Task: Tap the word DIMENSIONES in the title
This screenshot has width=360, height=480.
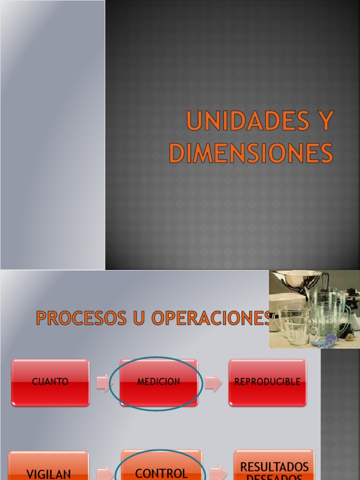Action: [251, 153]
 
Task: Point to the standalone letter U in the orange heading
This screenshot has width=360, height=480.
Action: [139, 318]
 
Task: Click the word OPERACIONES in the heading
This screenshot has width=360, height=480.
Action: [211, 318]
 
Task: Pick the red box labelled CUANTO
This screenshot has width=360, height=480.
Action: [50, 382]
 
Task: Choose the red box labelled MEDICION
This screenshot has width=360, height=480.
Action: [158, 382]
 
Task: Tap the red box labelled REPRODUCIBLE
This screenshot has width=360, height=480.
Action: [267, 382]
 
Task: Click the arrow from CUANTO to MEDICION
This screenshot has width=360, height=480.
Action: [103, 382]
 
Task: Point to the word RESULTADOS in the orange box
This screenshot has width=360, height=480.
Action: [274, 466]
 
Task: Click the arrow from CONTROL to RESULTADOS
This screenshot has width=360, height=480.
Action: [218, 472]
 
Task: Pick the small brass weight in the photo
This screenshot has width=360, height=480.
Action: [349, 337]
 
